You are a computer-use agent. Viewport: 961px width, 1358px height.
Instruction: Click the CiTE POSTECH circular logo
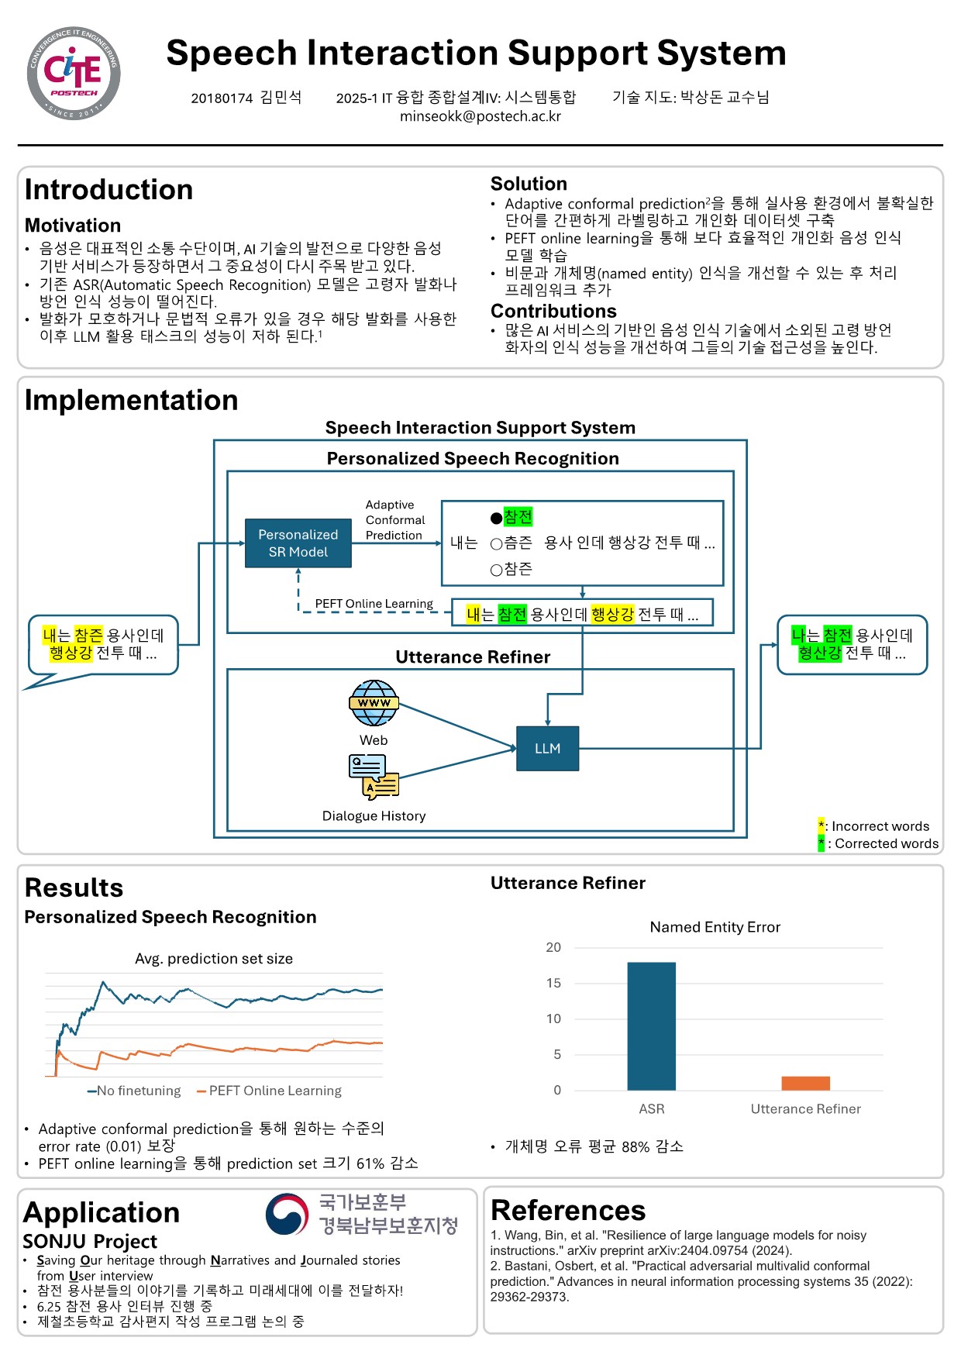[74, 73]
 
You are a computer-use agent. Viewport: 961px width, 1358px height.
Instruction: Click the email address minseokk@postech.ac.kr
[480, 116]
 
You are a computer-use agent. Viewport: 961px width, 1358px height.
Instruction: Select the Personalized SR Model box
[298, 543]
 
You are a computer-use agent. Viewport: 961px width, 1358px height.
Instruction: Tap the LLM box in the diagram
[547, 748]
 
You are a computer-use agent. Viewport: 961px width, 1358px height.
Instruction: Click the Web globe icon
[374, 702]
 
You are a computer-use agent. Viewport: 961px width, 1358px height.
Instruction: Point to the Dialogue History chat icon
[374, 777]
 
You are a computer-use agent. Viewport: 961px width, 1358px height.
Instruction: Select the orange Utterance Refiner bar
[805, 1083]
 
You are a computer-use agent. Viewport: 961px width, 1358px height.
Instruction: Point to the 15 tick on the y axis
[553, 983]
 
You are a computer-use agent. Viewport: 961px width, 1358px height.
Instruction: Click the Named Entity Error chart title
[715, 927]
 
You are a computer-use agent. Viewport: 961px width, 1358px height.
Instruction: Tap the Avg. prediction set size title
[214, 959]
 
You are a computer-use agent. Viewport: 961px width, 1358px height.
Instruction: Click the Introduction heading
[108, 190]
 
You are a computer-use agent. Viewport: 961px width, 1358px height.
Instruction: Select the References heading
[568, 1210]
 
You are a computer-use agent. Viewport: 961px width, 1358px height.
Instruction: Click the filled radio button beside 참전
[497, 518]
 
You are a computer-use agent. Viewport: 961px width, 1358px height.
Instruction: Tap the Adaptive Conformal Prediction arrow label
[394, 520]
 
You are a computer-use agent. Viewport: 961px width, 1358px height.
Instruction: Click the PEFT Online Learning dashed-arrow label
[374, 604]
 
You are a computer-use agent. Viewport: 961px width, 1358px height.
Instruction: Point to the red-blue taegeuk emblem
[287, 1215]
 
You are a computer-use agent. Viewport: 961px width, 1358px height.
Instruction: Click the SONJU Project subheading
[90, 1241]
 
